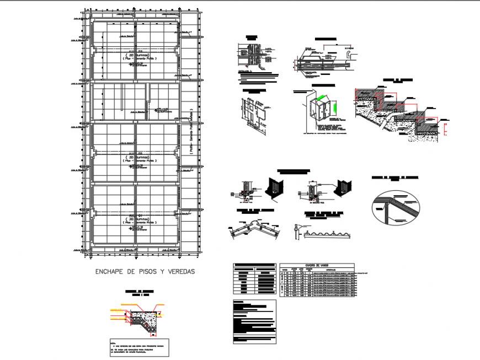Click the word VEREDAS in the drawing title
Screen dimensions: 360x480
tap(178, 271)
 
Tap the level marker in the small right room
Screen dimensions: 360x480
tap(161, 111)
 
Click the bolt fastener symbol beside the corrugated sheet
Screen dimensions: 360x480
tap(297, 228)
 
